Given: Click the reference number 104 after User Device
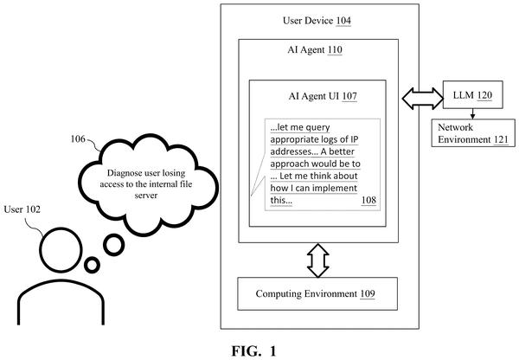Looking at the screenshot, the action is coord(343,21).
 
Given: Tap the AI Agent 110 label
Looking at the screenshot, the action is coord(315,49).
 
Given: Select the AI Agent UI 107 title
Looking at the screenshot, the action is coord(323,96).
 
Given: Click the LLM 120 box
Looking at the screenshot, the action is coord(472,94).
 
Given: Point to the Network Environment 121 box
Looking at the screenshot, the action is coord(473,132).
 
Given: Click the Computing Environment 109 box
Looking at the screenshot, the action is coord(317,293).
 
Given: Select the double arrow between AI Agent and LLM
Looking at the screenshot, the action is coord(422,99).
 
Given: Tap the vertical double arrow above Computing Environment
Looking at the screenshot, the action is coord(317,260).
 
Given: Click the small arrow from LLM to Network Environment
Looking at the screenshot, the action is coord(472,113).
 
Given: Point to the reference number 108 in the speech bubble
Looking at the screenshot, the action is coord(368,200).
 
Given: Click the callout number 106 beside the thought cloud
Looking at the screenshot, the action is coord(78,138).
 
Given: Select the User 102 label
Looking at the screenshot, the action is coord(22,209).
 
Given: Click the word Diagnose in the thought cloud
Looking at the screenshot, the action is coord(122,173).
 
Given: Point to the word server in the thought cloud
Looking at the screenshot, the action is coord(146,196).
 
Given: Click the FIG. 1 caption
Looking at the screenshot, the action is coord(253,351).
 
